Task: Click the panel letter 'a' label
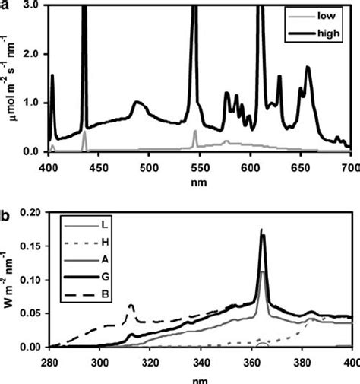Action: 5,5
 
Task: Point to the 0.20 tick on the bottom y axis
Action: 30,214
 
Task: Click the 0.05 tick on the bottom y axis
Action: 30,314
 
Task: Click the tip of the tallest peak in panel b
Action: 262,230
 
